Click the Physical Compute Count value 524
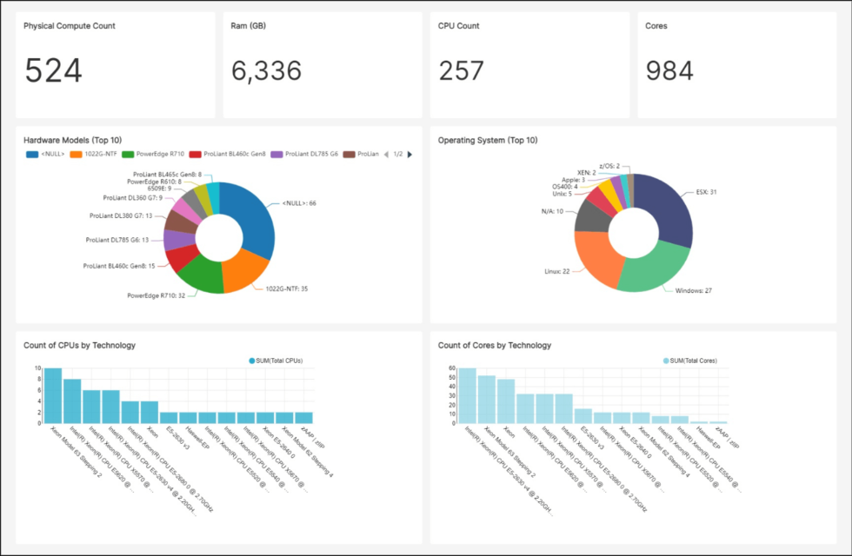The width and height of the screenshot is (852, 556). (53, 70)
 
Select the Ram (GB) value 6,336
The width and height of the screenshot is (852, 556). (266, 70)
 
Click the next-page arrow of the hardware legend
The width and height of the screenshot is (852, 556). (409, 154)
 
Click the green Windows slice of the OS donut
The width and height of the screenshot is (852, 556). (652, 269)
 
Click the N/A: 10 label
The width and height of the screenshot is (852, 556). (552, 211)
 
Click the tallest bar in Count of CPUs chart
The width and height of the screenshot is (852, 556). (53, 395)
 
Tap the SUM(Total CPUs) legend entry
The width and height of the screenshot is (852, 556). (276, 360)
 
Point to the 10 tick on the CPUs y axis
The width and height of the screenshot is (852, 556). (37, 368)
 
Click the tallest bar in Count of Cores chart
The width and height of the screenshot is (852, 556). (468, 395)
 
